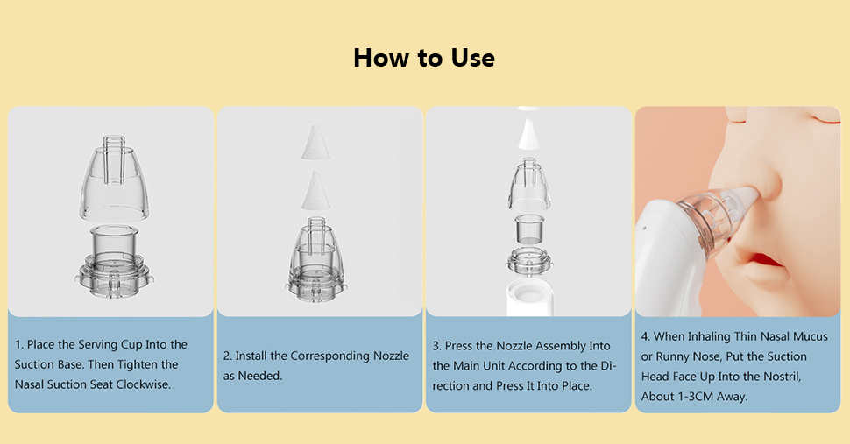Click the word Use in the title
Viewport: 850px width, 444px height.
tap(471, 58)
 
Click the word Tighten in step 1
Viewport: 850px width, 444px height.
tap(158, 364)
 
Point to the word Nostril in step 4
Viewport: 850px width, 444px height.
tap(778, 376)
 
